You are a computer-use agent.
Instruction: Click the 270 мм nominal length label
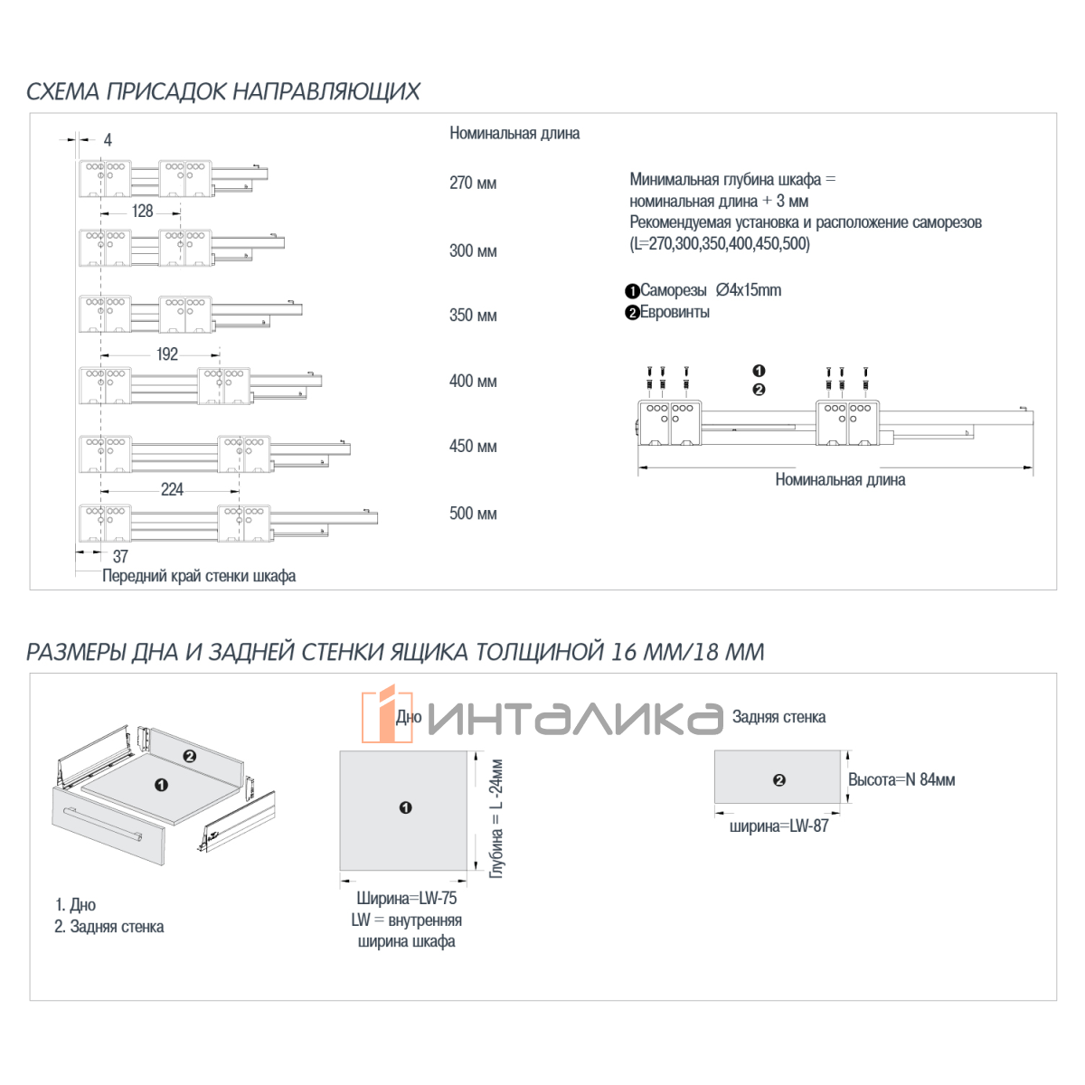tap(473, 184)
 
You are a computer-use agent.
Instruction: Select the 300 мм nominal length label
tap(473, 251)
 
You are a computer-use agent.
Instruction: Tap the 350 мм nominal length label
tap(473, 316)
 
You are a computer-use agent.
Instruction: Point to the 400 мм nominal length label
tap(473, 382)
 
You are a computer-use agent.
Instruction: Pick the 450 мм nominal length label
tap(473, 447)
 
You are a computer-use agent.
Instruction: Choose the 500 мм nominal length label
tap(473, 514)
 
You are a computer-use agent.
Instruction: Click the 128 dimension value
tap(143, 212)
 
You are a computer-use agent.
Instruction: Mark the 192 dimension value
tap(167, 354)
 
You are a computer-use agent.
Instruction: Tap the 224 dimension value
tap(172, 490)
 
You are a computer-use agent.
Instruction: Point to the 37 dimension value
tap(120, 557)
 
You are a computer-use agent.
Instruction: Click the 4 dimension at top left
tap(108, 140)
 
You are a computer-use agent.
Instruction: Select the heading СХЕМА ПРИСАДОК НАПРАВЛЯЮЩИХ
tap(223, 91)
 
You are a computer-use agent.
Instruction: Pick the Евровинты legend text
tap(675, 313)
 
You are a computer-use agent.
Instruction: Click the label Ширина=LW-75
tap(407, 899)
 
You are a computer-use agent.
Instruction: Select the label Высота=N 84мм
tap(901, 780)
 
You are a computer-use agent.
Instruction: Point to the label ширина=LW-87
tap(778, 826)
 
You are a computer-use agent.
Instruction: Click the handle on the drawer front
tap(100, 823)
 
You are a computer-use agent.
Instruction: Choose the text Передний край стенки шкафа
tap(199, 577)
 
